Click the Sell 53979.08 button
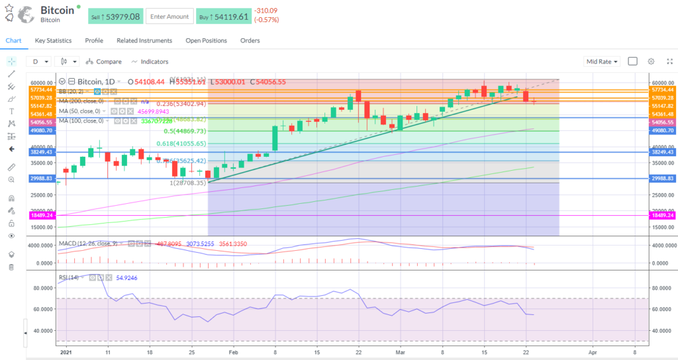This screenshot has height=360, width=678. coord(115,16)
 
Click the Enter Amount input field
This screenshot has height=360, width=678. coord(169,16)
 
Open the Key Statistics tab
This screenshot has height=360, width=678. coord(53,40)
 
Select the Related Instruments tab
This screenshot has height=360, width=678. coord(144,40)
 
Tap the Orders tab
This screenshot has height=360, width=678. coord(250,40)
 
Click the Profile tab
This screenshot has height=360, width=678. coord(94,40)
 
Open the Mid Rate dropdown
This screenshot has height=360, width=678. coord(602,62)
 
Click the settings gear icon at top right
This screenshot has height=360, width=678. coord(651,62)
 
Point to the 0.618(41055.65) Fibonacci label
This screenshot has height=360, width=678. coord(181,144)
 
